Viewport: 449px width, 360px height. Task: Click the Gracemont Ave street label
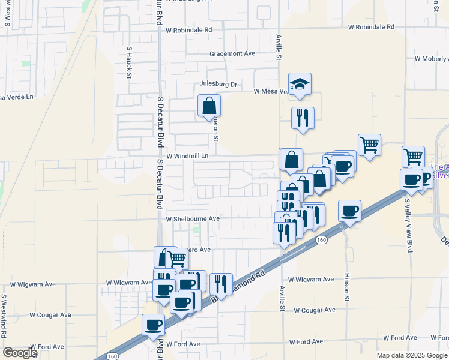click(232, 53)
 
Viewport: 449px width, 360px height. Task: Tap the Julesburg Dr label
click(219, 85)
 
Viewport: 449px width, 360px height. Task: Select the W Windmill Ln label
click(187, 156)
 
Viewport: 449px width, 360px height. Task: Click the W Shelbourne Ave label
click(193, 220)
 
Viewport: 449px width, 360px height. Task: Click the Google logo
click(20, 353)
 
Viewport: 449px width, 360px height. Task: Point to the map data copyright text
click(412, 355)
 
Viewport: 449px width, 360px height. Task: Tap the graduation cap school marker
click(300, 84)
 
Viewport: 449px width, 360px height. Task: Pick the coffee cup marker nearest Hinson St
click(349, 211)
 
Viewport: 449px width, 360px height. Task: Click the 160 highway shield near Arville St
click(321, 240)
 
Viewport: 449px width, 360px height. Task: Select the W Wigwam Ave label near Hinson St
click(310, 280)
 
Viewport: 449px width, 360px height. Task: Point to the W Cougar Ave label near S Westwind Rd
click(50, 314)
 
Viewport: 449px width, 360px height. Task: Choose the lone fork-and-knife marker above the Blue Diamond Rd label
click(221, 284)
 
